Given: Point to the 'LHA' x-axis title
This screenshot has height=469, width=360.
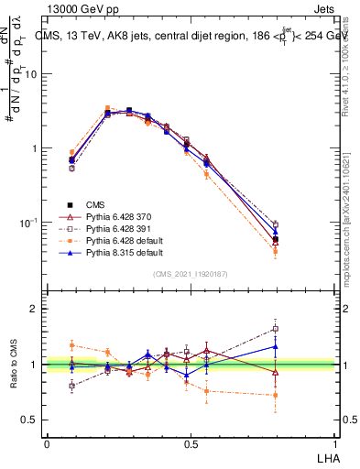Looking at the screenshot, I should click(x=326, y=457).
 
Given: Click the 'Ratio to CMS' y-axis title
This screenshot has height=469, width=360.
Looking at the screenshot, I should click(x=14, y=365).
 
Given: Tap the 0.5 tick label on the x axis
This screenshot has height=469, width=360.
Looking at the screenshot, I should click(x=190, y=442).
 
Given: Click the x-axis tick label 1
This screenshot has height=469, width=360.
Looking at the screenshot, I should click(x=336, y=442).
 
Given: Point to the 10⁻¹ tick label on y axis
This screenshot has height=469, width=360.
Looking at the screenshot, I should click(x=29, y=223).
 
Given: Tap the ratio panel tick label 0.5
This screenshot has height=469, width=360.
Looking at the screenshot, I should click(x=31, y=420).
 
